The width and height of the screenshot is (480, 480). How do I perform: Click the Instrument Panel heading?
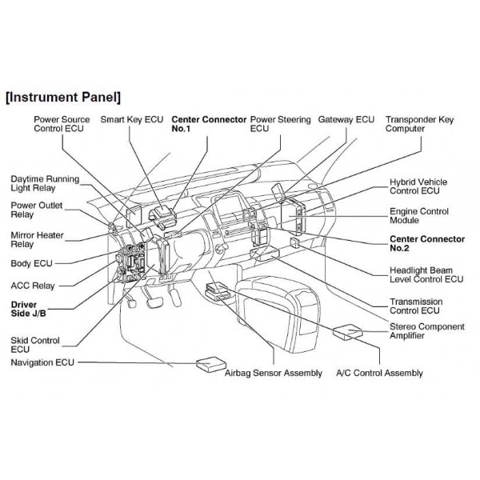point(63,98)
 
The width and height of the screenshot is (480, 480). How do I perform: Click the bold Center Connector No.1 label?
point(208,124)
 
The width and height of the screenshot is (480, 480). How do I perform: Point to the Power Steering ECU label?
point(280,124)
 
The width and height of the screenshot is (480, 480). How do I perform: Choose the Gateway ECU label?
point(346,119)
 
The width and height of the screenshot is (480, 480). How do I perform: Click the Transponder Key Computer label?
point(419,124)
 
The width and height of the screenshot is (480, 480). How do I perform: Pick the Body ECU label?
point(32,263)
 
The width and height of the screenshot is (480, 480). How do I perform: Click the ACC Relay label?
point(34,283)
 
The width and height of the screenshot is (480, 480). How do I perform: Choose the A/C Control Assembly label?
point(379,374)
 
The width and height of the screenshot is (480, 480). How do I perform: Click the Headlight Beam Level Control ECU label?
point(426,275)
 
